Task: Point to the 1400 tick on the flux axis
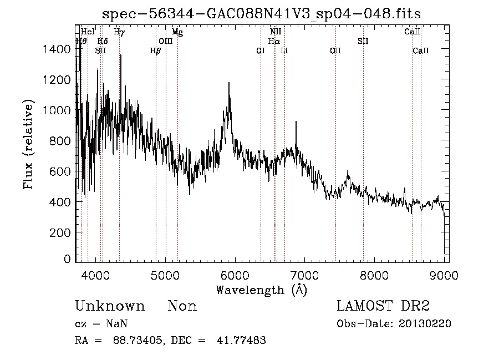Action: (x=57, y=49)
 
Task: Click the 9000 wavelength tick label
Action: (x=444, y=273)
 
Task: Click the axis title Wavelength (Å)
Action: (x=261, y=289)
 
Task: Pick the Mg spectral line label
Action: (x=177, y=32)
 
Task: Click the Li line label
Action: (x=284, y=50)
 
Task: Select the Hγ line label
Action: (x=119, y=32)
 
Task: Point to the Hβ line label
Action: (x=155, y=50)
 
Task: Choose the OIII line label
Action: (x=165, y=41)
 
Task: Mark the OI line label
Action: (x=260, y=50)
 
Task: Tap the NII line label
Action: (x=276, y=32)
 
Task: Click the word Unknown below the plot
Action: (x=109, y=306)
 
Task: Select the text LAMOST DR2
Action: (x=382, y=306)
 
